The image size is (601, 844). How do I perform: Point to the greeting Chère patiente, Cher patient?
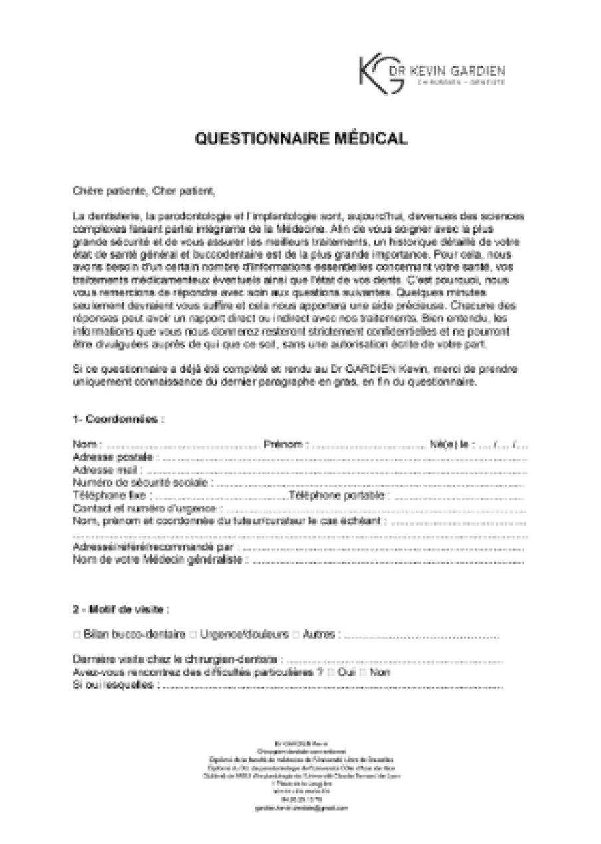click(x=144, y=193)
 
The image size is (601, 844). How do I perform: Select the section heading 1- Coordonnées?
click(x=118, y=419)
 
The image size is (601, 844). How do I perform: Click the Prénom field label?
click(x=286, y=444)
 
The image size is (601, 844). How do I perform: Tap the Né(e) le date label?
click(x=452, y=444)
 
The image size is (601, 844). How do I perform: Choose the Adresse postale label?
click(x=114, y=457)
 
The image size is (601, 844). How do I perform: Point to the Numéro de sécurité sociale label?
click(x=142, y=482)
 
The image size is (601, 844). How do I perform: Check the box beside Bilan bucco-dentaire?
click(x=77, y=635)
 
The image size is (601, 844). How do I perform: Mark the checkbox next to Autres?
click(x=296, y=635)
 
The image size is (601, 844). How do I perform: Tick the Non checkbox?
click(x=363, y=673)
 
